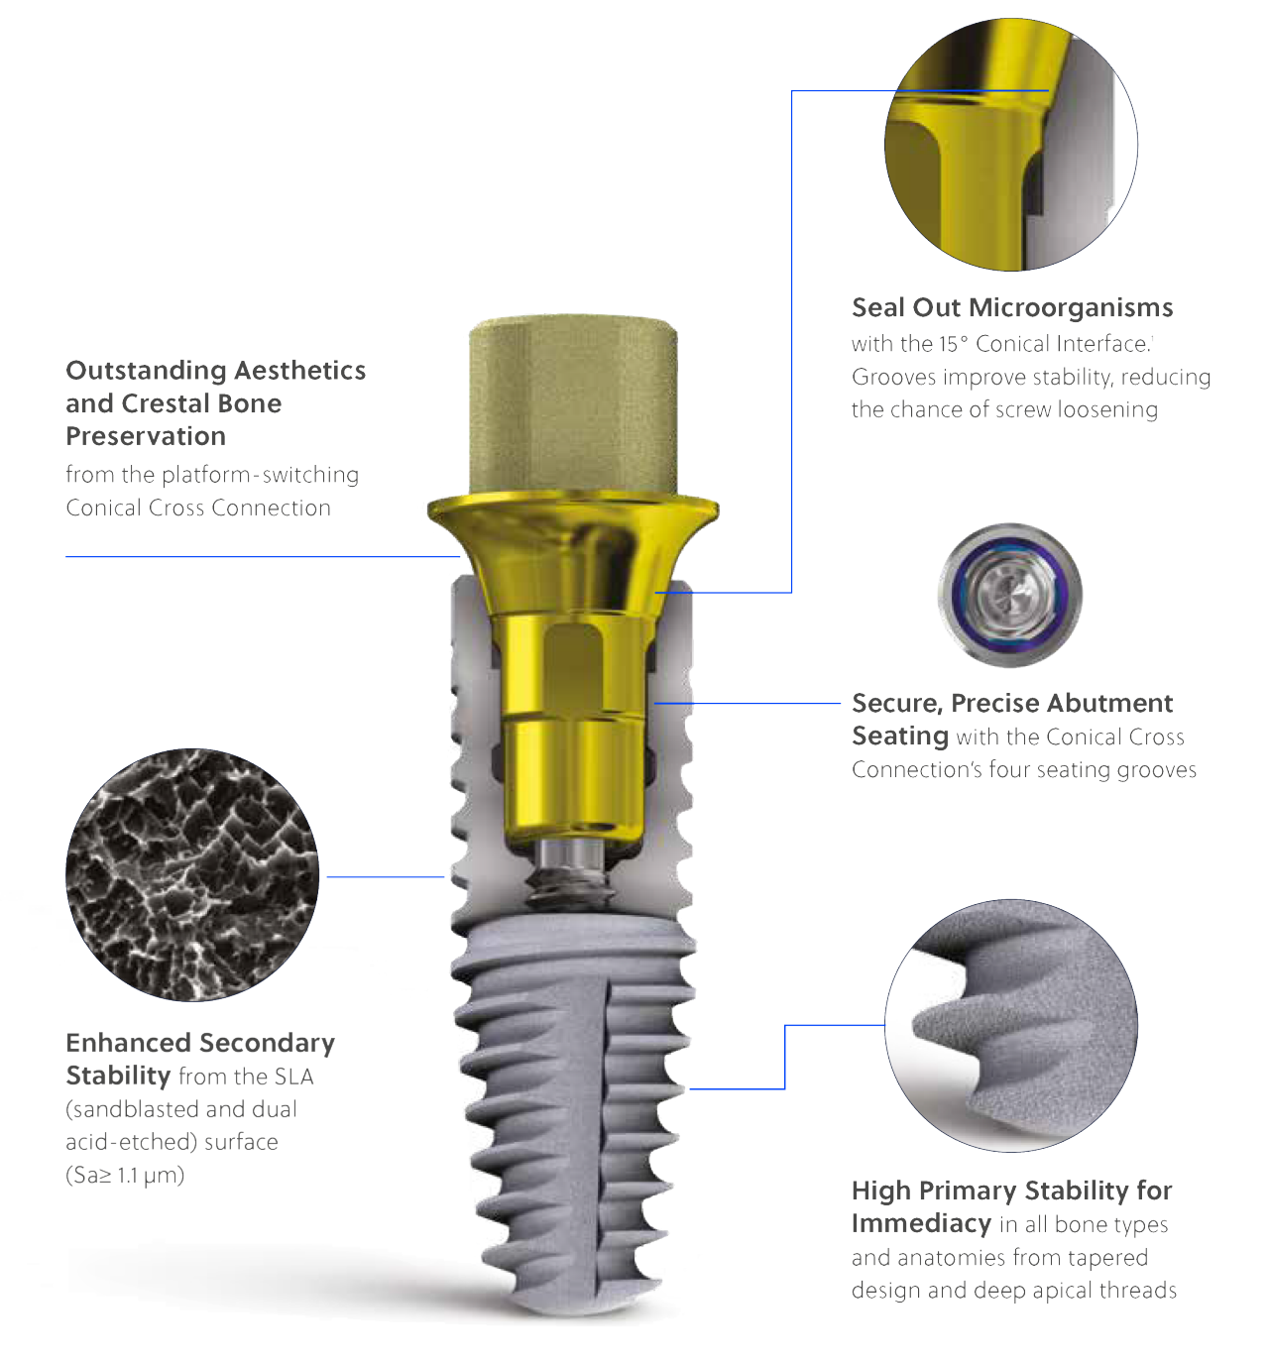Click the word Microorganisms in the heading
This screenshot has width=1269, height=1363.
1071,308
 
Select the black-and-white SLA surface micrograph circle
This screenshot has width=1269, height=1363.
192,874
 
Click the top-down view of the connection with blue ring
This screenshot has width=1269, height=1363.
1010,595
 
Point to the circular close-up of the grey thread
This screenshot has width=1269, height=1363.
1011,1025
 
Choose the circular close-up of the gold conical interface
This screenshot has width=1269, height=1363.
1011,144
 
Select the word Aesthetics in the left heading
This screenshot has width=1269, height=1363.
300,371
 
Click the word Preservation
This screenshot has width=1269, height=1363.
146,436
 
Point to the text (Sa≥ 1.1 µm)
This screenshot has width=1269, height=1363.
125,1175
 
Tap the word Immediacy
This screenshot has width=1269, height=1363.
922,1223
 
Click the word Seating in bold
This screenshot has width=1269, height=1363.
900,736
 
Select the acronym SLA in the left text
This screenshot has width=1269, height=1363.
293,1077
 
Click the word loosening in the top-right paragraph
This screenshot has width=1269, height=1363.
1107,409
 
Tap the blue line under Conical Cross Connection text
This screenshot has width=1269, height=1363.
263,556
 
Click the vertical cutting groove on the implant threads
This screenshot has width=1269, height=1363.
605,1139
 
